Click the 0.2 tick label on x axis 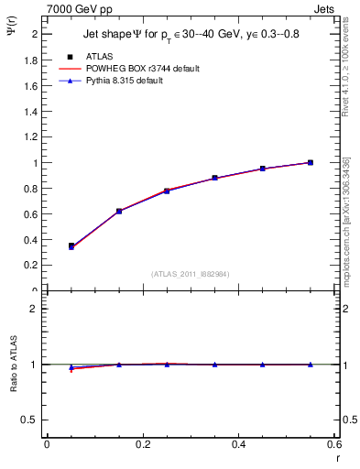pos(142,444)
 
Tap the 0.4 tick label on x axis pos(238,444)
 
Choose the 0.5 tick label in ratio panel pos(27,420)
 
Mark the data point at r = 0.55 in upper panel pos(311,163)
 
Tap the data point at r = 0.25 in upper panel pos(167,191)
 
